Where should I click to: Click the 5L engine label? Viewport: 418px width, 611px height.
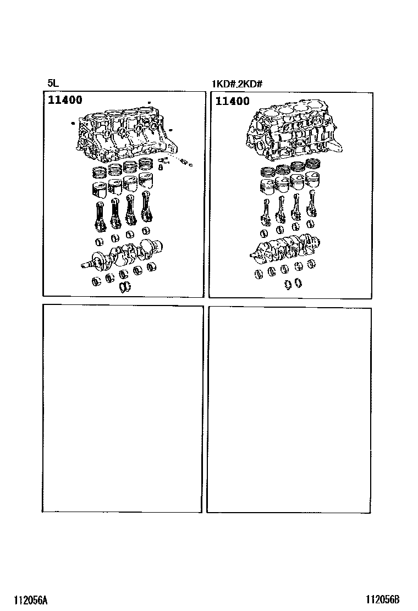point(53,83)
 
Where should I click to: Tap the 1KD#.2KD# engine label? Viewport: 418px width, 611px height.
point(237,84)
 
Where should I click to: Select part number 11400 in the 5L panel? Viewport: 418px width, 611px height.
point(65,100)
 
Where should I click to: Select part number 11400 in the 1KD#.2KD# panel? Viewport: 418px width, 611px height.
point(233,101)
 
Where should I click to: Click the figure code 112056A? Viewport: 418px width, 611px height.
point(31,600)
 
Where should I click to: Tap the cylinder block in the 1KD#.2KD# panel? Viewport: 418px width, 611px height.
point(293,132)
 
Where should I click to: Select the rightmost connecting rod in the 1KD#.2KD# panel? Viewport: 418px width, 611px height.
point(311,203)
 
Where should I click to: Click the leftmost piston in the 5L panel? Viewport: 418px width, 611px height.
point(98,189)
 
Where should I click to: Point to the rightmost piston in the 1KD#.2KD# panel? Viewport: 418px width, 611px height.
point(312,179)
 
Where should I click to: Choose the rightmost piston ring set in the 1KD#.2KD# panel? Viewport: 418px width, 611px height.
point(313,163)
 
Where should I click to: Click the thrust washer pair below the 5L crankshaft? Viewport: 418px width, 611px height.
point(125,286)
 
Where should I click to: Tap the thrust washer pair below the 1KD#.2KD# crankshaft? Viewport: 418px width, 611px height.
point(293,284)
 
